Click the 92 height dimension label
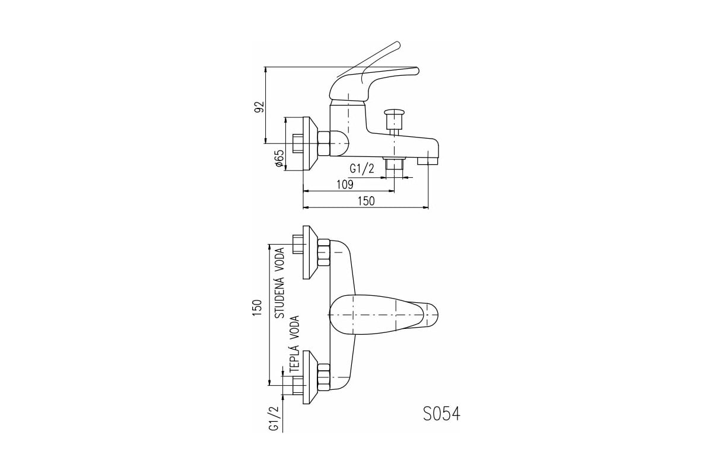pyautogui.click(x=259, y=107)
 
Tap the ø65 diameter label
pyautogui.click(x=279, y=158)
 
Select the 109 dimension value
pyautogui.click(x=345, y=184)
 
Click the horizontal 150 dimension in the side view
pyautogui.click(x=366, y=201)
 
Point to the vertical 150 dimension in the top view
pyautogui.click(x=257, y=308)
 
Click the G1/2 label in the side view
pyautogui.click(x=362, y=169)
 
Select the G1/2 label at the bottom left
pyautogui.click(x=274, y=418)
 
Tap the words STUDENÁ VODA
pyautogui.click(x=279, y=283)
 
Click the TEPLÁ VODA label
pyautogui.click(x=294, y=344)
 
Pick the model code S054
pyautogui.click(x=441, y=414)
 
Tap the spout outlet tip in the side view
pyautogui.click(x=428, y=161)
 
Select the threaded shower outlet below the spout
pyautogui.click(x=394, y=164)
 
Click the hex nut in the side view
pyautogui.click(x=324, y=144)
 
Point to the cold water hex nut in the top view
pyautogui.click(x=324, y=253)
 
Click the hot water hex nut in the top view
pyautogui.click(x=324, y=377)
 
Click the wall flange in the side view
pyautogui.click(x=310, y=144)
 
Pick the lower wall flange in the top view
pyautogui.click(x=310, y=377)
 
